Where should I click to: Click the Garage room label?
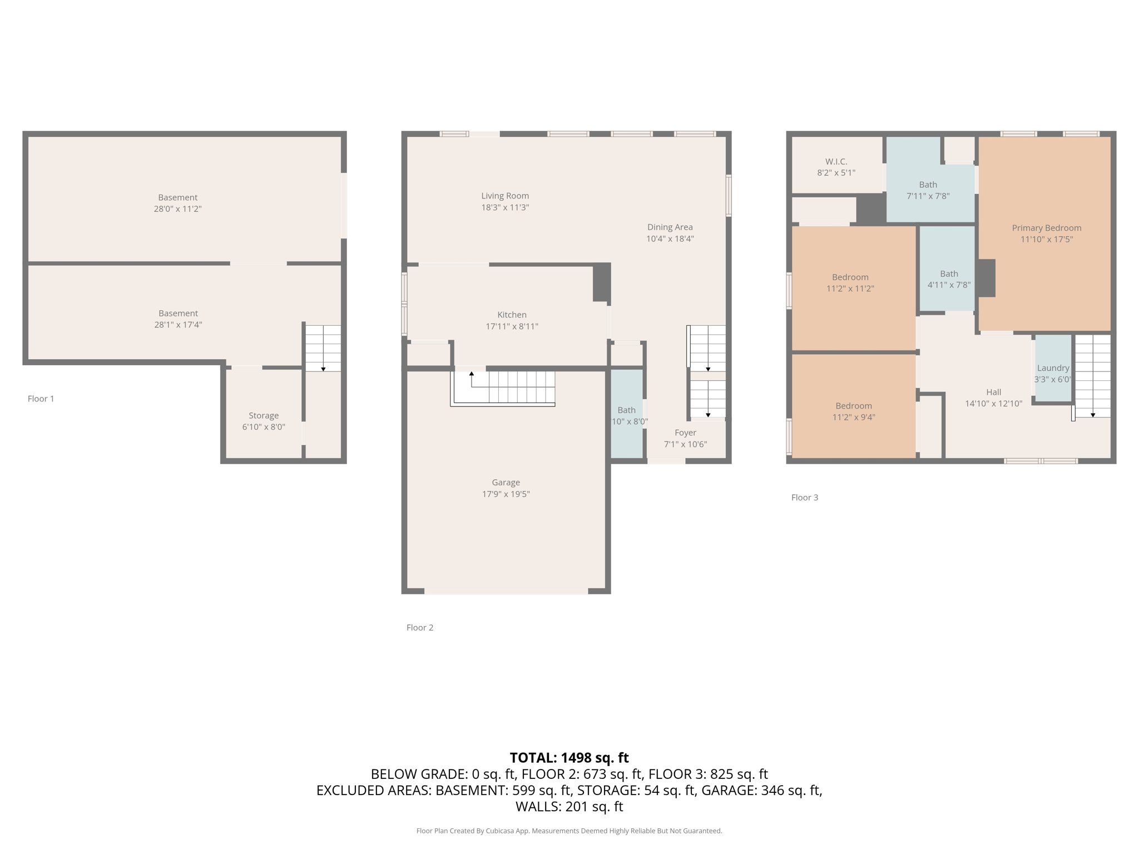click(506, 483)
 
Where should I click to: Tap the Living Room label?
click(505, 196)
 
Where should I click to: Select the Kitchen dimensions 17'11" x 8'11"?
click(512, 326)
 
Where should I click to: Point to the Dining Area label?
click(670, 227)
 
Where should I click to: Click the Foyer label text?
click(685, 433)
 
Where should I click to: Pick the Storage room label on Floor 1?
click(264, 415)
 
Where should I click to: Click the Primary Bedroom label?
click(1047, 228)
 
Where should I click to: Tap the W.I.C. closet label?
click(836, 161)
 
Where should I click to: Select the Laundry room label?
click(1053, 368)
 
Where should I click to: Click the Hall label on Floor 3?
click(993, 392)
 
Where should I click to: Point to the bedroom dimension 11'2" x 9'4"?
click(854, 418)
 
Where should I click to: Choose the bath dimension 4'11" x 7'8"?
click(949, 285)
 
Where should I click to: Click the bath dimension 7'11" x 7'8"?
click(928, 196)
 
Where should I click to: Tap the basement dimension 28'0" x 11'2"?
click(177, 209)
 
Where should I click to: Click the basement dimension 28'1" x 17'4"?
click(178, 325)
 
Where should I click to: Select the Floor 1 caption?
click(41, 399)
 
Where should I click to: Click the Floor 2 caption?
click(420, 628)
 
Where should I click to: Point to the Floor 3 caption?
click(805, 498)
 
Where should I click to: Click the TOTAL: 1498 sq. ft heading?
click(569, 758)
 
